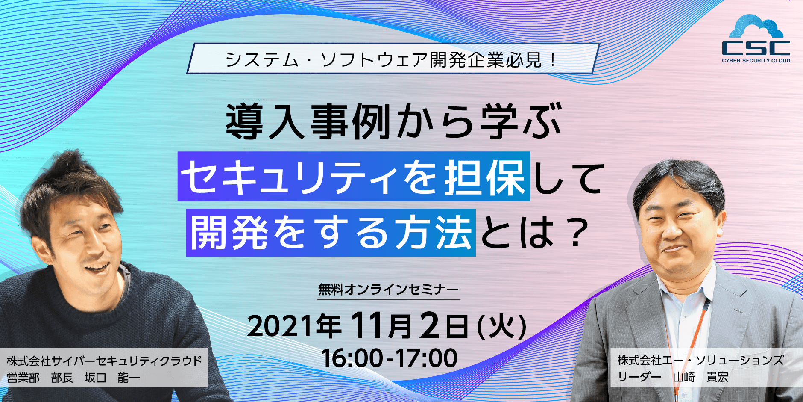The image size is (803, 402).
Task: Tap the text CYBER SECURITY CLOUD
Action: pyautogui.click(x=756, y=61)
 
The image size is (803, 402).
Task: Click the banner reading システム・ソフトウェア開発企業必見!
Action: pyautogui.click(x=393, y=59)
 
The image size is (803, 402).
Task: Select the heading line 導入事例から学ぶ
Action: pyautogui.click(x=393, y=122)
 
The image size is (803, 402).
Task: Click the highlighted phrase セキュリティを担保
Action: pyautogui.click(x=354, y=177)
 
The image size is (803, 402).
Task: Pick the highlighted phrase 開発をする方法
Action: pyautogui.click(x=331, y=233)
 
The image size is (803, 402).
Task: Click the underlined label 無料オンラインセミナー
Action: pyautogui.click(x=388, y=290)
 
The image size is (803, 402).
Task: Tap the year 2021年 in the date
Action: pyautogui.click(x=294, y=326)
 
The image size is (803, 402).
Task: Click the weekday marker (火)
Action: pyautogui.click(x=501, y=327)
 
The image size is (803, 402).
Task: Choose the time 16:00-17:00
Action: pyautogui.click(x=389, y=358)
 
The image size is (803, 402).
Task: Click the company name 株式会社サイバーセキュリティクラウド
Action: pyautogui.click(x=104, y=361)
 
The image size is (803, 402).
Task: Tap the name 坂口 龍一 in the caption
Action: pyautogui.click(x=112, y=378)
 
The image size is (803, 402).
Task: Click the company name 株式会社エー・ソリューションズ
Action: pyautogui.click(x=700, y=360)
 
